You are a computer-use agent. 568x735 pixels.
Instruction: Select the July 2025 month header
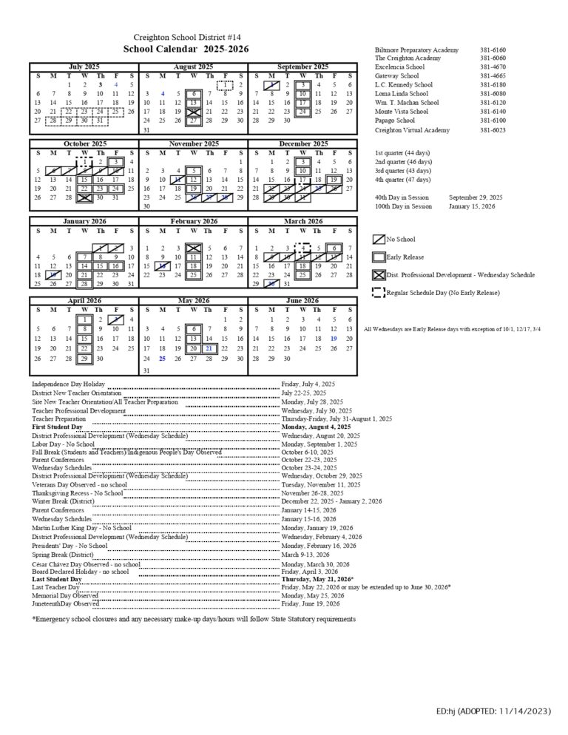click(x=84, y=67)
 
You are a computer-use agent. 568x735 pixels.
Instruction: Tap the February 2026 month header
click(x=194, y=221)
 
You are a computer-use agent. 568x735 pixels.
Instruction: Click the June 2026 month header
click(x=303, y=301)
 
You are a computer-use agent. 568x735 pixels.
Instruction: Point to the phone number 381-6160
click(x=493, y=50)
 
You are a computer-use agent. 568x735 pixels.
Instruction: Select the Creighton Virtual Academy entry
click(x=412, y=130)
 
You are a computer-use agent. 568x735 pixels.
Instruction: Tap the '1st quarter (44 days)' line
click(x=402, y=152)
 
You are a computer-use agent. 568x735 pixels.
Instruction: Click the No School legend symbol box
click(x=379, y=239)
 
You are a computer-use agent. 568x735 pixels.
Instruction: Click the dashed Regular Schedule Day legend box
click(x=378, y=292)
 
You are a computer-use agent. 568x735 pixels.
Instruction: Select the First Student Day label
click(x=57, y=427)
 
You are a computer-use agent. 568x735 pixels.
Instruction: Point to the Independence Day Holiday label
click(x=68, y=385)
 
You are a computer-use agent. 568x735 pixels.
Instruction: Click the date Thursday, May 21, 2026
click(x=317, y=579)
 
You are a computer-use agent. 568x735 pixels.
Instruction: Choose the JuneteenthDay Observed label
click(x=65, y=603)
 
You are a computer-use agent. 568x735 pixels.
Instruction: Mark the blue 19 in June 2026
click(x=334, y=339)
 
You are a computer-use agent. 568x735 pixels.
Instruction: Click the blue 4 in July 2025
click(x=115, y=85)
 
